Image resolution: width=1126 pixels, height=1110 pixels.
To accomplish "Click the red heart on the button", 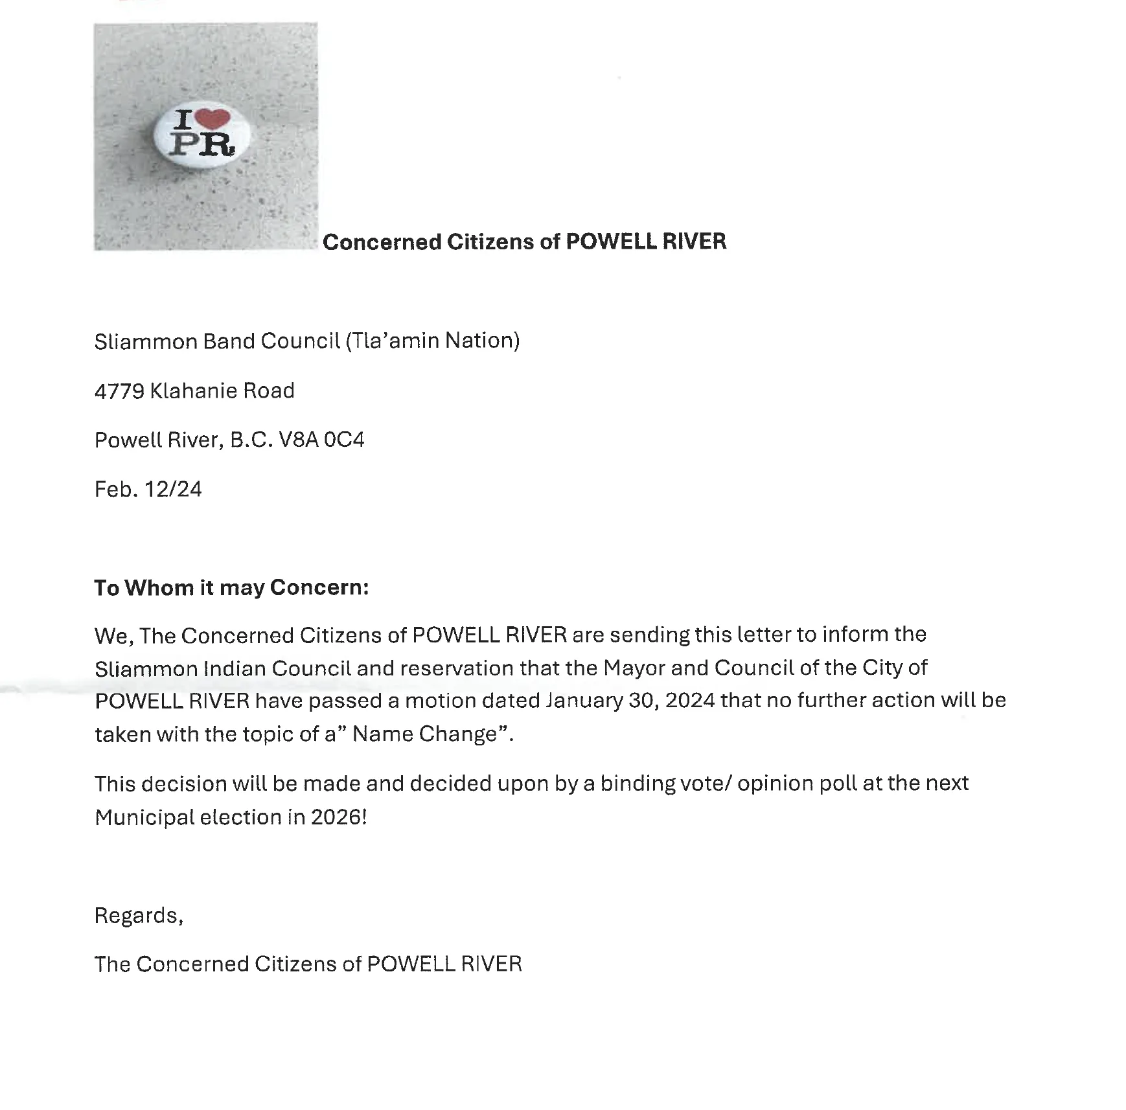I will tap(213, 118).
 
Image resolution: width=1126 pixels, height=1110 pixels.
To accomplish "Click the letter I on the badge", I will tap(183, 120).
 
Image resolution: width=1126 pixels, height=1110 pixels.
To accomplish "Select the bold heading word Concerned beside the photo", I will tap(382, 242).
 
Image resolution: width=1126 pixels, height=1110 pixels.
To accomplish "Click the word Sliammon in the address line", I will tap(146, 341).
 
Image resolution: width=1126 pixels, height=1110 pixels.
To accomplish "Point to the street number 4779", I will tap(119, 391).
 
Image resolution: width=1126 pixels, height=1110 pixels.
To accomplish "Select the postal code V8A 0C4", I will tap(321, 440).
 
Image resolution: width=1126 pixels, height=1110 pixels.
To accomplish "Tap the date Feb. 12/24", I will tap(148, 489).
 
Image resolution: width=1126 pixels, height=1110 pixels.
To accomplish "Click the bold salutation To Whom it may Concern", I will tap(231, 587).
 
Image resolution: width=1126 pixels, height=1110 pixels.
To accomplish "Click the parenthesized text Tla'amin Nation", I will tap(433, 341).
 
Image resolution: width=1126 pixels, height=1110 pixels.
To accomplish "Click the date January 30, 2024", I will tap(630, 701).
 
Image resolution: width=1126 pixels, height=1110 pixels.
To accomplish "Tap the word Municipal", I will tap(144, 818).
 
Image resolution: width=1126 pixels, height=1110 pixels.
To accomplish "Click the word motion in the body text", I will tap(434, 701).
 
